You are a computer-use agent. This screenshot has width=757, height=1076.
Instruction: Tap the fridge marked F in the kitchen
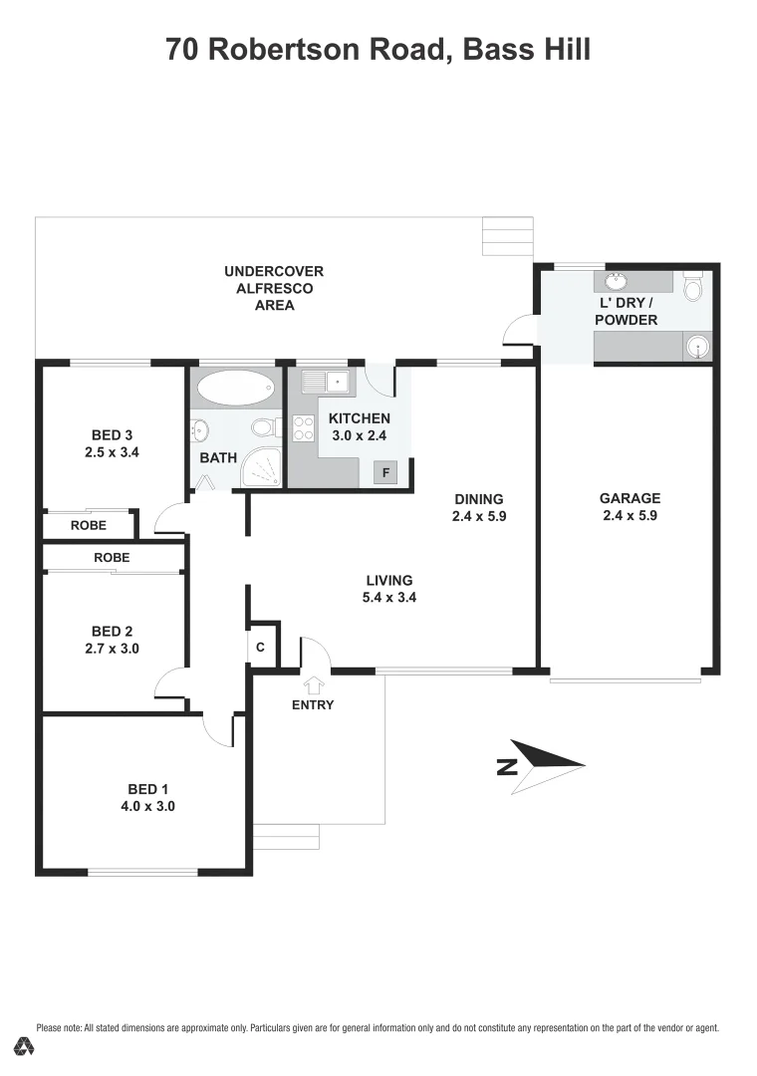pyautogui.click(x=383, y=473)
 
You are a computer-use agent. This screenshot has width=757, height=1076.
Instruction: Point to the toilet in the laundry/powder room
pyautogui.click(x=694, y=286)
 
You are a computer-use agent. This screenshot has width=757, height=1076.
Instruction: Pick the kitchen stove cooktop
pyautogui.click(x=303, y=428)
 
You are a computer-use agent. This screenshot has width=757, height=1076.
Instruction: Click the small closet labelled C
pyautogui.click(x=261, y=646)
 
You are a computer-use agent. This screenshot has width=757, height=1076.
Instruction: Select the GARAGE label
pyautogui.click(x=630, y=498)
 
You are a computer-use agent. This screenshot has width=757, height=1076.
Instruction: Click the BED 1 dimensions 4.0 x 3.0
pyautogui.click(x=146, y=807)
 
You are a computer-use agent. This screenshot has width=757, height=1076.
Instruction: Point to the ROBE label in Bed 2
pyautogui.click(x=112, y=558)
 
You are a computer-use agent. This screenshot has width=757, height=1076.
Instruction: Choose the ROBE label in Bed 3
pyautogui.click(x=89, y=525)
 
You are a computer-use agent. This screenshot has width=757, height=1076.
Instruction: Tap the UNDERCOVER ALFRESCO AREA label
pyautogui.click(x=274, y=288)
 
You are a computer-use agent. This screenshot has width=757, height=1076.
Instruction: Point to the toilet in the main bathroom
pyautogui.click(x=263, y=428)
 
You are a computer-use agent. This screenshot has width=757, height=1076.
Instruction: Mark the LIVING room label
pyautogui.click(x=388, y=581)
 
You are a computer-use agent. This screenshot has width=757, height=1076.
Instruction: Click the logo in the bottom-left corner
pyautogui.click(x=24, y=1046)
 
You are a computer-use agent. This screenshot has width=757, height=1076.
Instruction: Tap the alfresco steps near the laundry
pyautogui.click(x=507, y=237)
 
